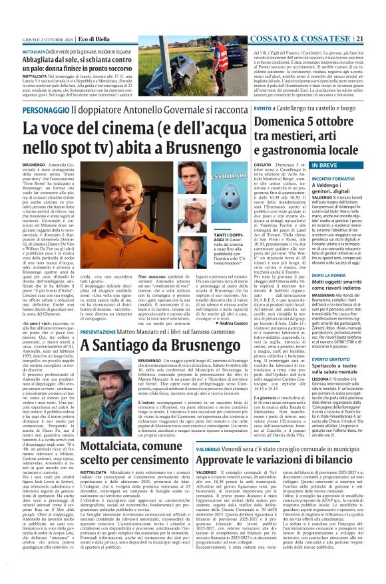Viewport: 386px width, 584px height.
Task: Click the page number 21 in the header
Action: point(377,5)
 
